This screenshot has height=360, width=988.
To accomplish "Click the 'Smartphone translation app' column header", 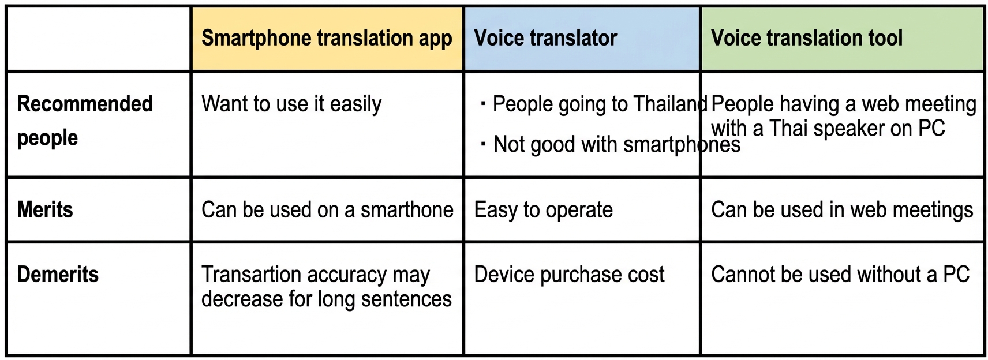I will [327, 39].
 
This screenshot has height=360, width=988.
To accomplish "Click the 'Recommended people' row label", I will [85, 121].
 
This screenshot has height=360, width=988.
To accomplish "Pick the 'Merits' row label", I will [45, 209].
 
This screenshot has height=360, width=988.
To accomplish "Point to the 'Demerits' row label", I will [58, 274].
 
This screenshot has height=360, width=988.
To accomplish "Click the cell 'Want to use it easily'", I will [291, 104].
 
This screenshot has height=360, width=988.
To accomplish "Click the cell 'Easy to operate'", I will [543, 210].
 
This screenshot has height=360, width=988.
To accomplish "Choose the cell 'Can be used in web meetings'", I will [842, 210].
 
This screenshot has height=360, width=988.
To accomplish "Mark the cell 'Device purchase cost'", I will [569, 275].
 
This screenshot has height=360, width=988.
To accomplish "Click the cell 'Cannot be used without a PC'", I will [840, 275].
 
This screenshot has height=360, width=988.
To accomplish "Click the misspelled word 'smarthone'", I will [407, 210].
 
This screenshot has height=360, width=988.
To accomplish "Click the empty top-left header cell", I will [98, 39].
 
